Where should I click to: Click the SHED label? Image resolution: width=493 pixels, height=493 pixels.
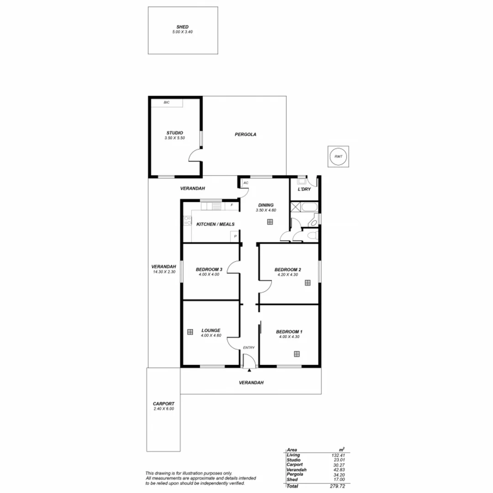click(x=183, y=27)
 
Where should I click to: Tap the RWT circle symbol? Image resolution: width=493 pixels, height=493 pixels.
click(x=338, y=157)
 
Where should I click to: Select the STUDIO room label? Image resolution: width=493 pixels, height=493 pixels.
click(x=174, y=133)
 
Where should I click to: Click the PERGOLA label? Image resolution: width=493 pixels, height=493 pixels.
click(x=246, y=135)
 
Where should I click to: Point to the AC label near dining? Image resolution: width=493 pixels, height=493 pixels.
click(x=246, y=183)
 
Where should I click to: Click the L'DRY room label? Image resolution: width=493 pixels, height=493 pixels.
click(x=304, y=189)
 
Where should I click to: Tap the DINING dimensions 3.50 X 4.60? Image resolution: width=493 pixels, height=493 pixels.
click(x=266, y=210)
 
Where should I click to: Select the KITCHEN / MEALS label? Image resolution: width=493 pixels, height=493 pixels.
click(x=215, y=224)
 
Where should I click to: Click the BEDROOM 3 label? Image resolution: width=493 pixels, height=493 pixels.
click(x=209, y=269)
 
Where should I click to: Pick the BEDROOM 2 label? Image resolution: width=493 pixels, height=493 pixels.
click(x=288, y=270)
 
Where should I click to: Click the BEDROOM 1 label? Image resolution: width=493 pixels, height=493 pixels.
click(x=289, y=332)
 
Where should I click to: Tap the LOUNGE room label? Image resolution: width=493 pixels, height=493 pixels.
click(x=211, y=330)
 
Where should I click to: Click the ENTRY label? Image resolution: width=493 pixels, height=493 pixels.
click(x=249, y=348)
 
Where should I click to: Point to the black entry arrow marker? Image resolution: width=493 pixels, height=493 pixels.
click(x=249, y=371)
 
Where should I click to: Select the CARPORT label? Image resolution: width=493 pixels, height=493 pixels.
click(x=164, y=404)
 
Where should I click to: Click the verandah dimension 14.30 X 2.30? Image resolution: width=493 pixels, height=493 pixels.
click(x=164, y=272)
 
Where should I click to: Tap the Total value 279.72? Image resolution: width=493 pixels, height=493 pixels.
click(x=337, y=487)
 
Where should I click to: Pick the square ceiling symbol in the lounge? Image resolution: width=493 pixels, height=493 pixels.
click(x=190, y=332)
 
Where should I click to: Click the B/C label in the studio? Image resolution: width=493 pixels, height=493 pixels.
click(x=167, y=102)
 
